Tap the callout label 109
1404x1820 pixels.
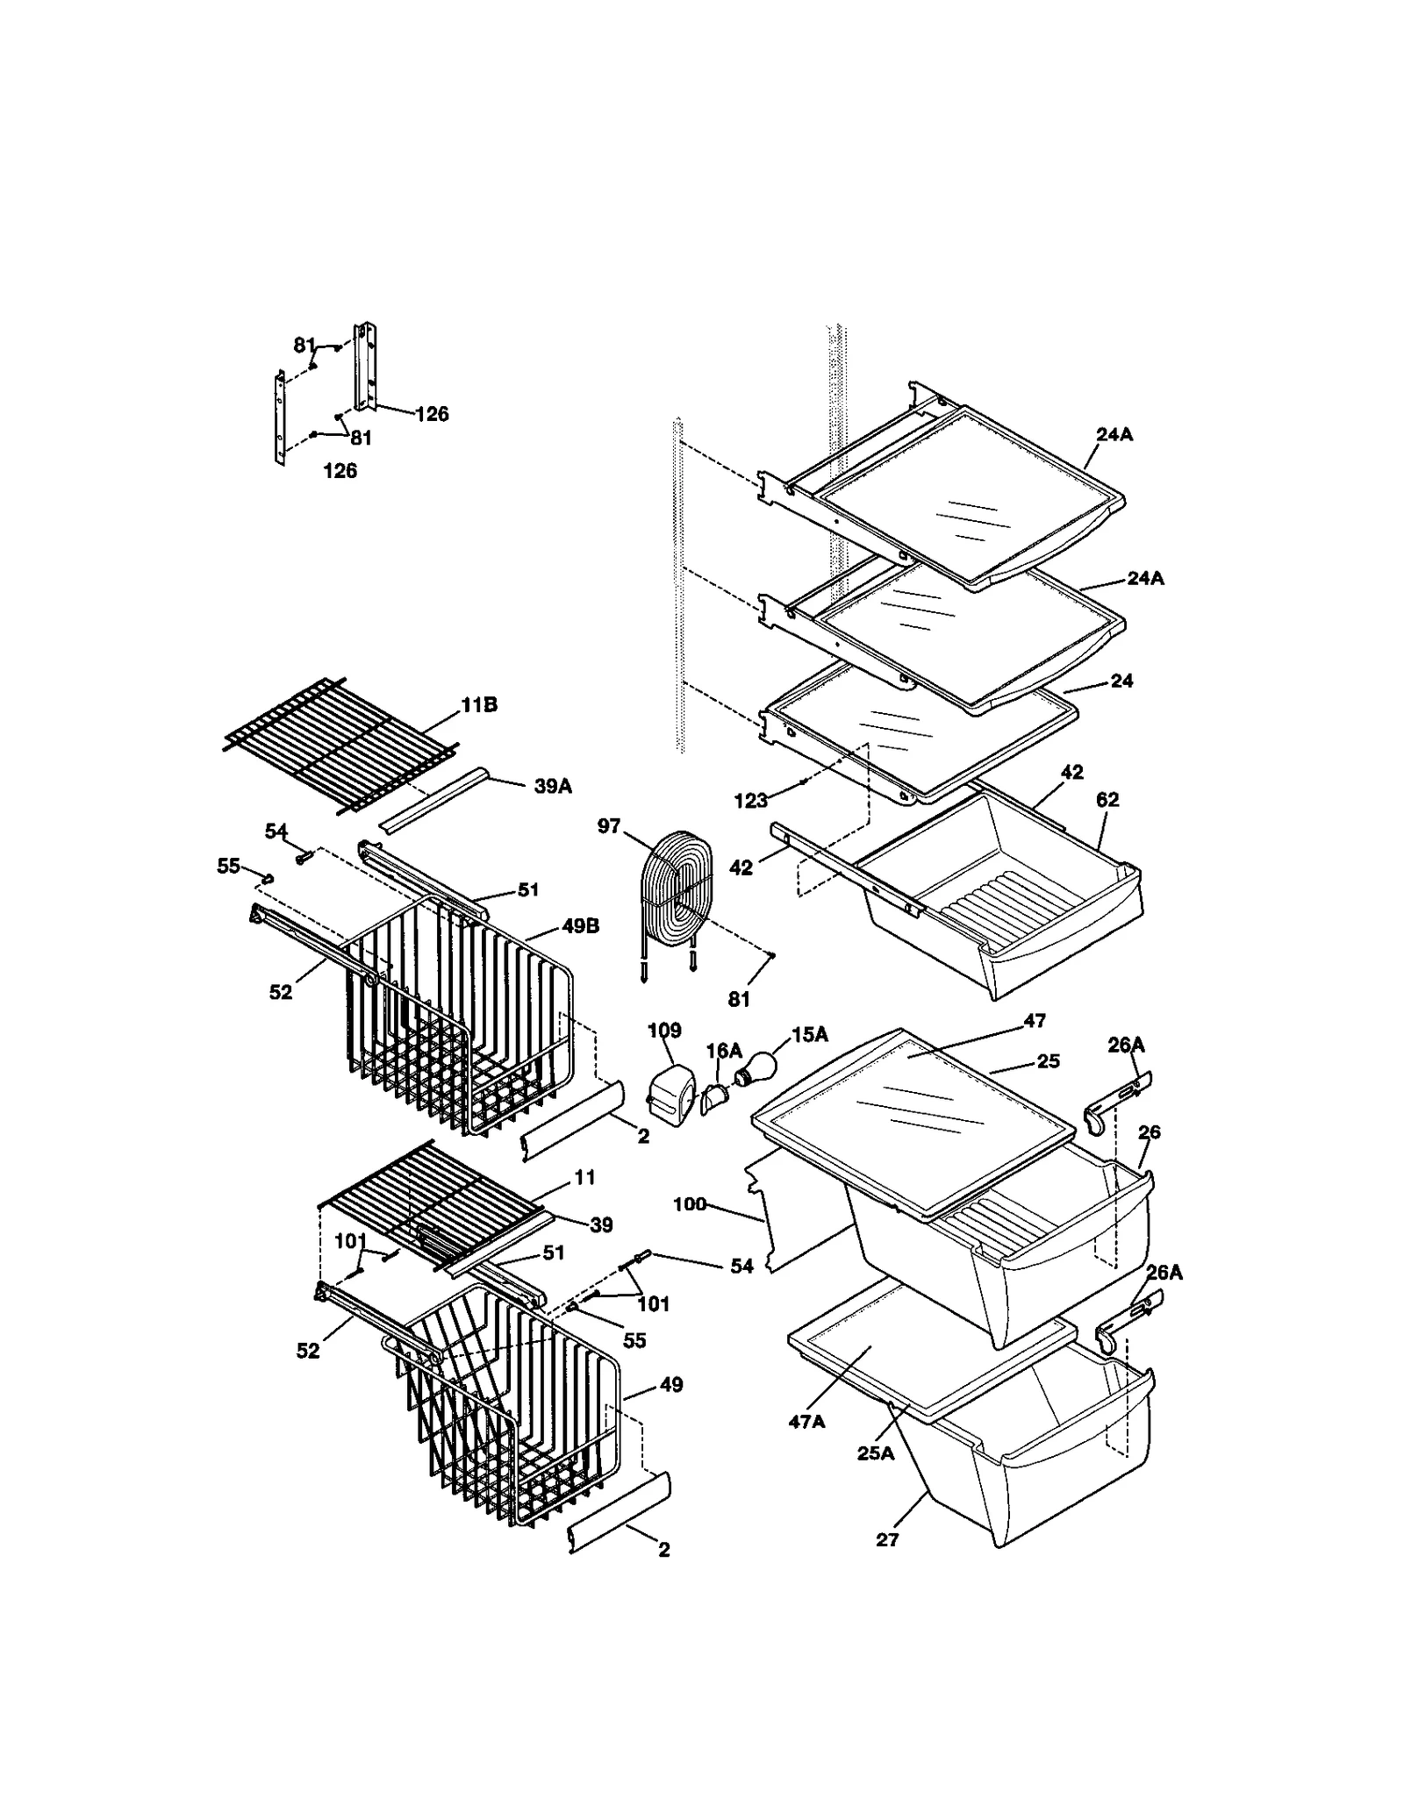(x=664, y=1030)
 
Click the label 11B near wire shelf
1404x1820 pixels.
(x=479, y=705)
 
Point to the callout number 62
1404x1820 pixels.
(x=1107, y=799)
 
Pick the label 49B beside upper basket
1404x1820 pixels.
(x=580, y=926)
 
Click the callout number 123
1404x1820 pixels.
(x=751, y=800)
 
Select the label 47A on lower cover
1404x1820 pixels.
(x=806, y=1421)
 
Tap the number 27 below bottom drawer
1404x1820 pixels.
(x=887, y=1539)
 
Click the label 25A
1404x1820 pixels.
(x=876, y=1453)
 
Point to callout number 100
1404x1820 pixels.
(x=689, y=1204)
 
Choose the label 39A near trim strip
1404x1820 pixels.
(x=553, y=787)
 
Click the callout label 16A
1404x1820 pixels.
(x=724, y=1051)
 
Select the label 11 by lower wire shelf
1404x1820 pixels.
(x=584, y=1177)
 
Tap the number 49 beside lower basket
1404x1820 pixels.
(x=671, y=1385)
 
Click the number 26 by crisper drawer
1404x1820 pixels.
(x=1149, y=1132)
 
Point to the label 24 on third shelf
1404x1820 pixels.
(x=1121, y=681)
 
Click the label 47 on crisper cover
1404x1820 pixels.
(x=1035, y=1020)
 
